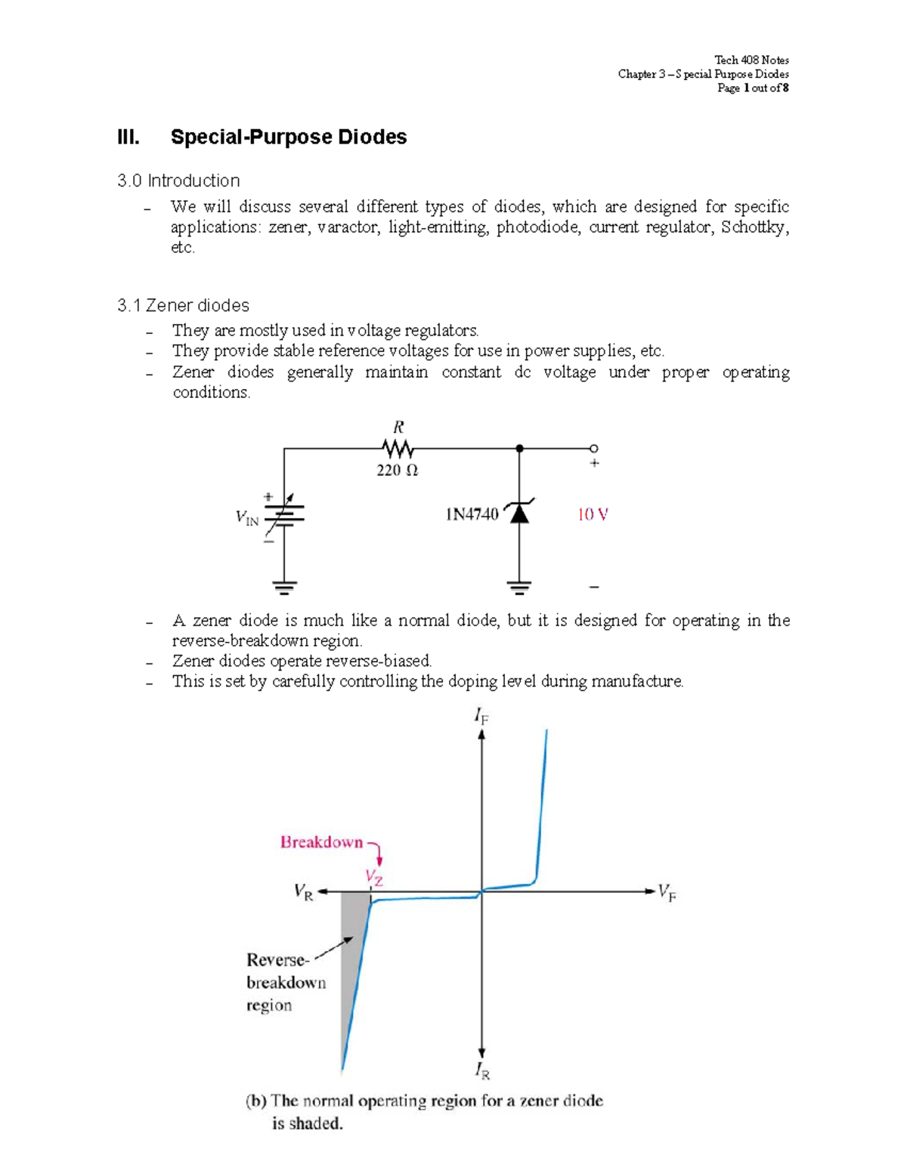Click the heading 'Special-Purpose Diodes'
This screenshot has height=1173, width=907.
click(288, 137)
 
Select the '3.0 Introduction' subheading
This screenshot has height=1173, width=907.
click(178, 181)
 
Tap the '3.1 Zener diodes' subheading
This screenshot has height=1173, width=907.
click(183, 305)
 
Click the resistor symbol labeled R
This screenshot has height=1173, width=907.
click(398, 449)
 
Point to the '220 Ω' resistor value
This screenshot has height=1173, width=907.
click(397, 470)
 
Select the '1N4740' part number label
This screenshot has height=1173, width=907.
click(472, 514)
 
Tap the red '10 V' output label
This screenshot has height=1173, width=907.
click(593, 514)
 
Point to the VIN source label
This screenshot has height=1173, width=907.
click(247, 518)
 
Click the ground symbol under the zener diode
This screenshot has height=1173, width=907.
click(519, 587)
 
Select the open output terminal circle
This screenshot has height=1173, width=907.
click(594, 449)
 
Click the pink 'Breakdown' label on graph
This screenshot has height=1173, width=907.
click(321, 842)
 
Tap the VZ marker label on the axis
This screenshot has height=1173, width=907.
click(374, 877)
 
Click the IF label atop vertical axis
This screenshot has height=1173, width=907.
click(481, 715)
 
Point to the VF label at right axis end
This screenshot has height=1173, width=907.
click(667, 892)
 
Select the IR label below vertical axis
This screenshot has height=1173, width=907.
click(481, 1070)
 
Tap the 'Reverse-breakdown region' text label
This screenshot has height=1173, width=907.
click(286, 982)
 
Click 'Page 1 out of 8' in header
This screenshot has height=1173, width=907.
click(752, 88)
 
